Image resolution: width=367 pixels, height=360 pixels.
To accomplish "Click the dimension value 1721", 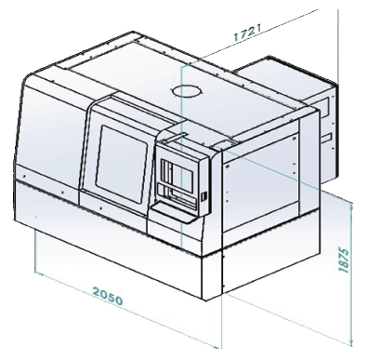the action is point(247,33).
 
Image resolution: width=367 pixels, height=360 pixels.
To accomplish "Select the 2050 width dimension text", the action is point(108,296).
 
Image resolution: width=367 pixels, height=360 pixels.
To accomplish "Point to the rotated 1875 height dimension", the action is point(344,260).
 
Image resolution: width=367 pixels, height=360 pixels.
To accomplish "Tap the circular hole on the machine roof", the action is point(187,91).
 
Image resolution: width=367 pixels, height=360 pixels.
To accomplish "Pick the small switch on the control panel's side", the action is point(203,196).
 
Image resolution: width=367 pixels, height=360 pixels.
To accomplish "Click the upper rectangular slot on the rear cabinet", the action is point(326,106).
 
